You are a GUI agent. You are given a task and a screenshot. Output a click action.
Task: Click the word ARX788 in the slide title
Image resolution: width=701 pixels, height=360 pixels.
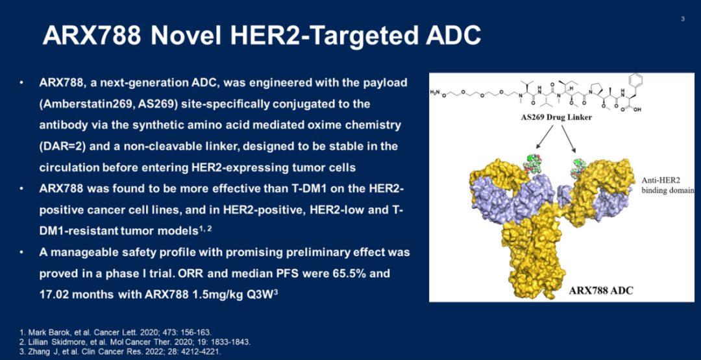coord(92,36)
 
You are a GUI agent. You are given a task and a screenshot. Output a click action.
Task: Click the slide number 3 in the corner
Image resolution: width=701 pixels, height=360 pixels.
coord(683,19)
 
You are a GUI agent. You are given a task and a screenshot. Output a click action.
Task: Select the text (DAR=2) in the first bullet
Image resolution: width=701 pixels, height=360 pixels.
coord(61,147)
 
